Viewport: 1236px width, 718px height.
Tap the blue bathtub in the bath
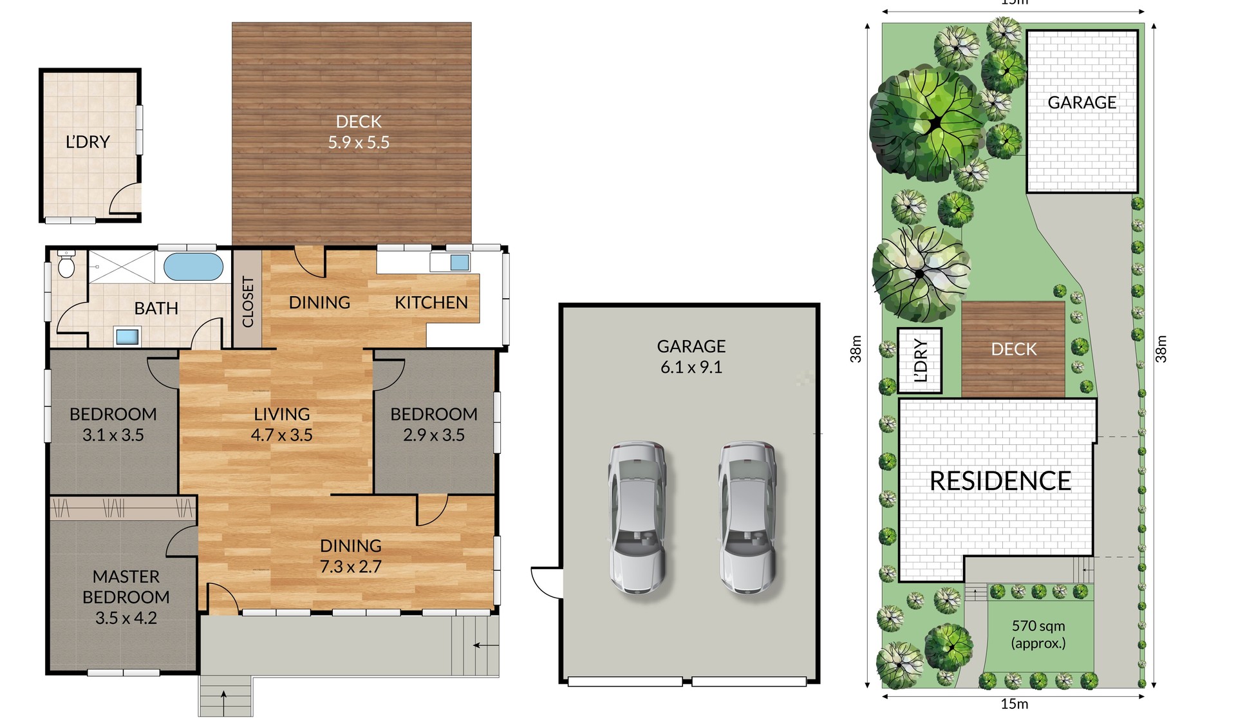point(193,267)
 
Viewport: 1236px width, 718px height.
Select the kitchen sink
point(459,262)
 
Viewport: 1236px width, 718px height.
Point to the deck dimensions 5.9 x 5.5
point(359,142)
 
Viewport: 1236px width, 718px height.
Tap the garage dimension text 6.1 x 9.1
point(691,367)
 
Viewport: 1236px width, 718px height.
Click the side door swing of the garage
point(546,583)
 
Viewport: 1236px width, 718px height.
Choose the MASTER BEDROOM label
point(126,587)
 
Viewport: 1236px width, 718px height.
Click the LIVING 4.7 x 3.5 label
point(281,424)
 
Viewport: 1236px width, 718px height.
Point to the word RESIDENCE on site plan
point(1000,481)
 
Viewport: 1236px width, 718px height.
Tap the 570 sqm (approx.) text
point(1038,634)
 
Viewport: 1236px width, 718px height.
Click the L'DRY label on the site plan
point(921,361)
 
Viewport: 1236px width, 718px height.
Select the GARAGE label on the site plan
point(1081,102)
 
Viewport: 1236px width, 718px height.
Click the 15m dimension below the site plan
point(1014,704)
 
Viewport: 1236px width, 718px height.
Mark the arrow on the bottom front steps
point(223,695)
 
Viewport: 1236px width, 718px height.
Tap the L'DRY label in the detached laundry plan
point(88,142)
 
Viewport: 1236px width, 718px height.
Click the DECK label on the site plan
point(1013,349)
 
